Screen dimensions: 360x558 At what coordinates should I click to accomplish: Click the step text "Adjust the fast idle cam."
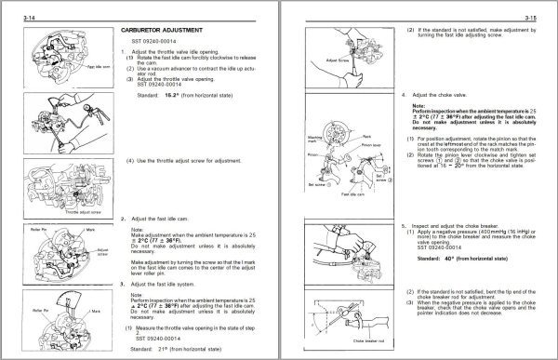coord(168,219)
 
